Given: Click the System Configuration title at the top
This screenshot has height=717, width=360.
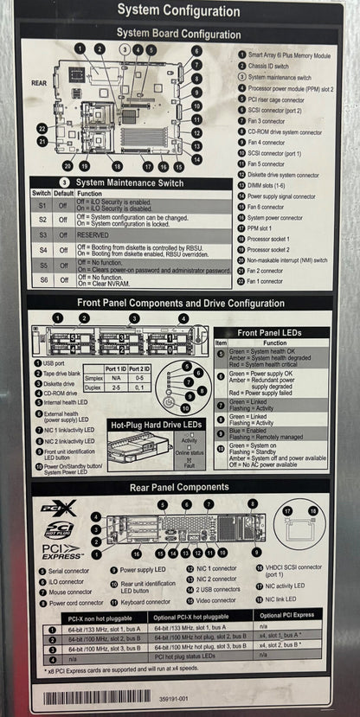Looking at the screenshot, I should [x=178, y=10].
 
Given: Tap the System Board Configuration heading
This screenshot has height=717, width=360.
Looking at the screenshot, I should [x=179, y=35].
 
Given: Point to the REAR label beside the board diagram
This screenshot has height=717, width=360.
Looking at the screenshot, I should [x=40, y=83].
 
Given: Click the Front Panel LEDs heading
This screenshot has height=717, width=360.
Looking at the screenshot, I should [x=271, y=332].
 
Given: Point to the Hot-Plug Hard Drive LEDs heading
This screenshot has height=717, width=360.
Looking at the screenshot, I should [x=157, y=425].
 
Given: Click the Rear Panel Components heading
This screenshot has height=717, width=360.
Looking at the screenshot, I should [x=179, y=488].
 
